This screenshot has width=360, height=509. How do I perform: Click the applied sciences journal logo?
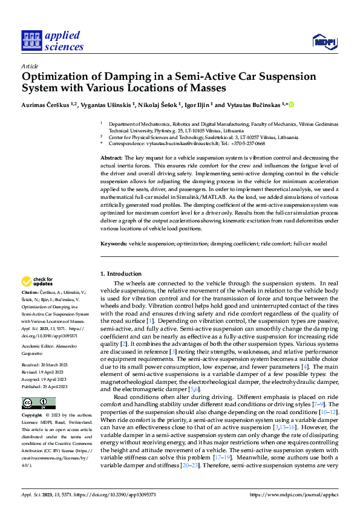(52, 41)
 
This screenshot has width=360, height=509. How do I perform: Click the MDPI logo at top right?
(323, 41)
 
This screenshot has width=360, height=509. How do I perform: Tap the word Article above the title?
(30, 66)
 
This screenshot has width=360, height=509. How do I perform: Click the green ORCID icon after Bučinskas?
(292, 104)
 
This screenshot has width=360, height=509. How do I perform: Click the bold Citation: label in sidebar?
(31, 291)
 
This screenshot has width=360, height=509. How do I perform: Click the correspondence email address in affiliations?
(186, 144)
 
